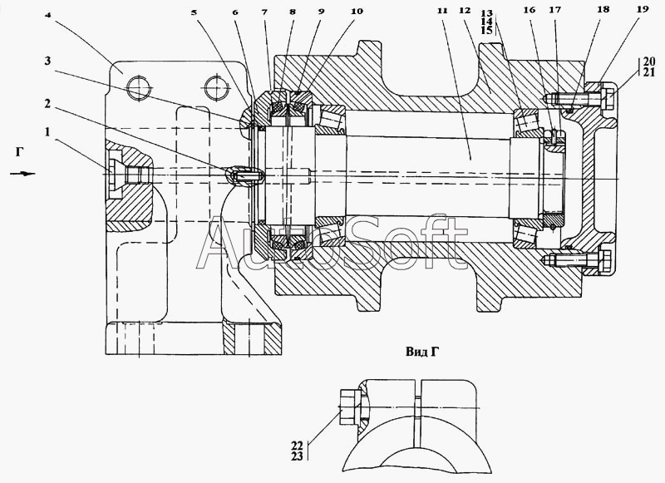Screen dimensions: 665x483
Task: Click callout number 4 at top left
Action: (x=49, y=14)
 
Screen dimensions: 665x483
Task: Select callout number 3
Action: (x=47, y=61)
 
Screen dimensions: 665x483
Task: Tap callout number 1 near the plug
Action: (x=48, y=132)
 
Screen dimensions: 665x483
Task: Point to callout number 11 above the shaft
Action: (x=442, y=11)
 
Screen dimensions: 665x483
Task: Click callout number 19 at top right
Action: (x=643, y=9)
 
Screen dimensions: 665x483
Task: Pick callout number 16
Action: (x=530, y=10)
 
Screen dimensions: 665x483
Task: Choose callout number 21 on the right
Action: (x=649, y=72)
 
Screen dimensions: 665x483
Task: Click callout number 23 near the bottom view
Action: (x=298, y=456)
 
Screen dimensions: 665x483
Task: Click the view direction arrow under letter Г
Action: (x=22, y=173)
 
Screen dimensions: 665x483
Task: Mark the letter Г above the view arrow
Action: (x=19, y=151)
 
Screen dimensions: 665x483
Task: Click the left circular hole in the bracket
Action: (x=138, y=89)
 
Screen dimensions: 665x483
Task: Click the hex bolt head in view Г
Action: (x=349, y=407)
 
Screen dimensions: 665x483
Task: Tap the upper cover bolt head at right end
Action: (x=606, y=98)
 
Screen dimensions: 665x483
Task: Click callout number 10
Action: (x=357, y=12)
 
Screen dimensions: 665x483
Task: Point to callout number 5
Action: (x=194, y=12)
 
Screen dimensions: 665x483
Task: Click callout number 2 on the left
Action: (x=48, y=103)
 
